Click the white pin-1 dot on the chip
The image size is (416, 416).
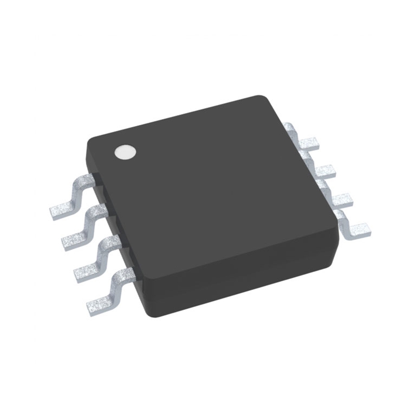coord(125,151)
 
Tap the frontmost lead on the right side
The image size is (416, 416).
coord(357,228)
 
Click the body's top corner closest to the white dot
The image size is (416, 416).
coord(91,139)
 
